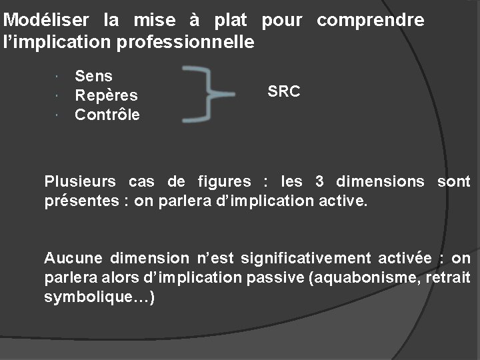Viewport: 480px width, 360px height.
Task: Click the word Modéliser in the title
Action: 49,21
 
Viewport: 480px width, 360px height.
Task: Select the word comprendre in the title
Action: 370,21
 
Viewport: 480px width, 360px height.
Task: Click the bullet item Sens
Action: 93,77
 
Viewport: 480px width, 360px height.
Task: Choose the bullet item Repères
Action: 106,96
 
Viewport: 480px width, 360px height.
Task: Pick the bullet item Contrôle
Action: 107,115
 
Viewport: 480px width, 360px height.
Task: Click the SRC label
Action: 283,92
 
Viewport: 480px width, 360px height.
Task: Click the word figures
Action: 225,181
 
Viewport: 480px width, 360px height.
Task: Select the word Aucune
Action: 72,259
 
